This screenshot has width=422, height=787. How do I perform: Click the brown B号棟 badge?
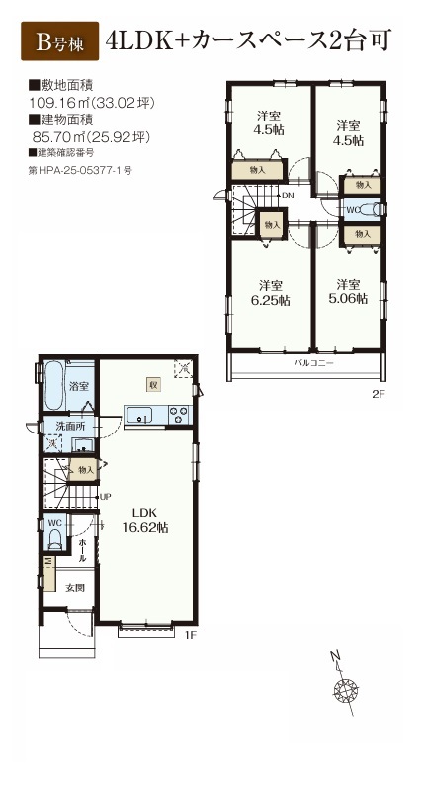[59, 41]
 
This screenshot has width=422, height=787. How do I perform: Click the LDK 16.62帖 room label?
[145, 520]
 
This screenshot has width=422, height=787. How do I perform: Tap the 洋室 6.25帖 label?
[271, 293]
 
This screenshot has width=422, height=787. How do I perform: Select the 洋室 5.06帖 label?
[348, 292]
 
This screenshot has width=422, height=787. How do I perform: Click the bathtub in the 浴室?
[53, 387]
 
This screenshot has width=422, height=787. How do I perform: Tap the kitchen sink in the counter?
[139, 415]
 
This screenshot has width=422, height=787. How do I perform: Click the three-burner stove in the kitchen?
[179, 415]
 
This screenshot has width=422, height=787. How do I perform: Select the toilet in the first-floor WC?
[54, 540]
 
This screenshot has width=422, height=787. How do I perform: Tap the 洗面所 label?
[70, 427]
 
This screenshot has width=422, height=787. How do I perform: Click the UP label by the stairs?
[105, 497]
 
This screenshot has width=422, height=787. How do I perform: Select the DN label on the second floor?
[288, 196]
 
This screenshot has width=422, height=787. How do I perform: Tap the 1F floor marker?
[190, 635]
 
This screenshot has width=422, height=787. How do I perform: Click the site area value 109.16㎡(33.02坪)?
[93, 104]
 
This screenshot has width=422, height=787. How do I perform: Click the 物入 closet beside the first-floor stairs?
[84, 470]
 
